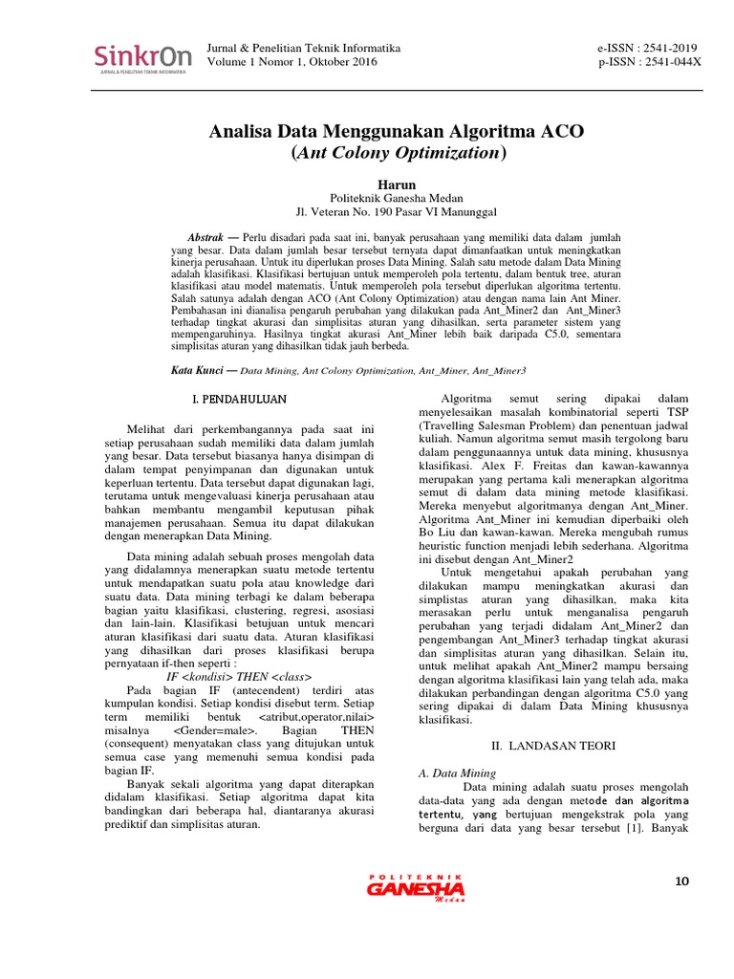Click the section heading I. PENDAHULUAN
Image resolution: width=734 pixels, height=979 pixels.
coord(233,397)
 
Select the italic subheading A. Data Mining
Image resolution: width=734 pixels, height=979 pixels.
coord(458,772)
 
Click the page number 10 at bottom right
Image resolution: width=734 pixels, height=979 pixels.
coord(680,881)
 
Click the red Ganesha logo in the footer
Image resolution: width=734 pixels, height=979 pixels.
coord(416,889)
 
